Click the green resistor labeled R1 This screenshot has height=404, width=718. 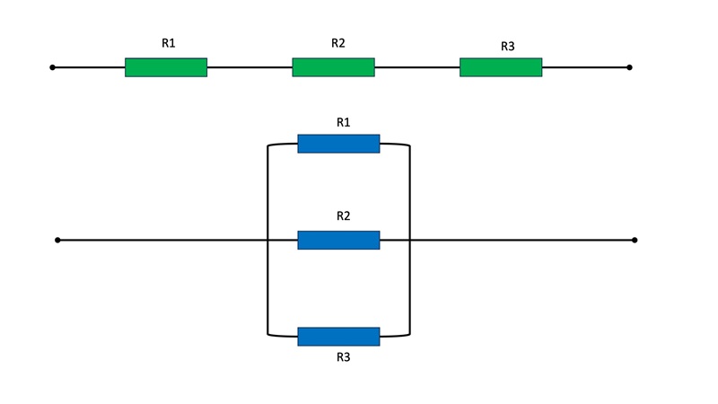166,67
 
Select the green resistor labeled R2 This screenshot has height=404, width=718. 333,67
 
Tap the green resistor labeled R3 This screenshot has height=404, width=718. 501,67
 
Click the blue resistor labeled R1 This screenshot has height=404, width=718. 339,144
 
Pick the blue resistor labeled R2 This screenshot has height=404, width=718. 339,240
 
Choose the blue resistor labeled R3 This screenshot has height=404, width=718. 339,337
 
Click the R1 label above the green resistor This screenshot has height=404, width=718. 169,43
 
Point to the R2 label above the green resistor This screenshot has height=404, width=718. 338,43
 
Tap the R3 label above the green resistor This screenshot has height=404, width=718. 508,47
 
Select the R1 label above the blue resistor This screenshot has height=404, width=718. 344,122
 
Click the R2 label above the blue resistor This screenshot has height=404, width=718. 344,215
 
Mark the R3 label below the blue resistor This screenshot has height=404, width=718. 344,356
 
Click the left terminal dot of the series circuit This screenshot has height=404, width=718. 52,67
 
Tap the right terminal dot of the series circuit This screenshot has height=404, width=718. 629,67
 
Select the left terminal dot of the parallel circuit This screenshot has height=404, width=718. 57,240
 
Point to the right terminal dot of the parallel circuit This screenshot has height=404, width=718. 635,240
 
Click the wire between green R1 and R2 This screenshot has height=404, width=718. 250,67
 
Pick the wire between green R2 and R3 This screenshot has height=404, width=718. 417,67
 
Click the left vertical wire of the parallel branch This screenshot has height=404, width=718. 267,240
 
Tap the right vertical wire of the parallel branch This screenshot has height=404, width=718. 410,240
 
